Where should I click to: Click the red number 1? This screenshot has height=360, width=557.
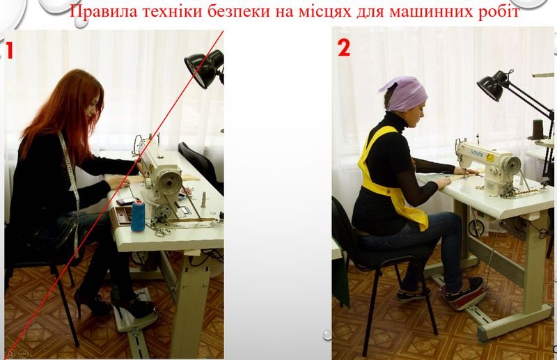click(9, 50)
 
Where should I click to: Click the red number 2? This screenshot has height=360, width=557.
click(344, 47)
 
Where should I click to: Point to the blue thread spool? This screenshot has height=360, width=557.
click(138, 216)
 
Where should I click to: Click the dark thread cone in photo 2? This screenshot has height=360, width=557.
click(538, 130)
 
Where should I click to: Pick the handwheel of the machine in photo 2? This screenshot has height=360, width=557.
click(512, 165)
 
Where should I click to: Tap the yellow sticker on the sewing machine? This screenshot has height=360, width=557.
click(490, 157)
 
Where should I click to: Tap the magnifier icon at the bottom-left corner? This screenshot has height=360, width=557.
click(10, 354)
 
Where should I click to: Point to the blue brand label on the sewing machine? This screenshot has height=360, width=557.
click(476, 152)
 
